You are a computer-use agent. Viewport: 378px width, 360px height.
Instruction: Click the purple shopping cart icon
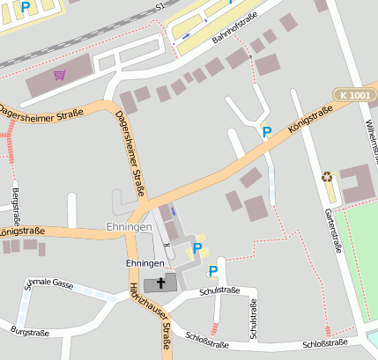(x=60, y=75)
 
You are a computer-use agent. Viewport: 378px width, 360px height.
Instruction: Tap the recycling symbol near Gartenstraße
(x=328, y=177)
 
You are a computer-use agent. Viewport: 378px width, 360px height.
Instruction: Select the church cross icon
(x=161, y=283)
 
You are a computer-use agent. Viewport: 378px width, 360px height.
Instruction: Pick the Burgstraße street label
(x=30, y=332)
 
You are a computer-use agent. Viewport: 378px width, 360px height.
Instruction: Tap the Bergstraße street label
(x=16, y=206)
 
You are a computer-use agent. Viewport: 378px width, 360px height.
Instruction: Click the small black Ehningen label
(x=145, y=264)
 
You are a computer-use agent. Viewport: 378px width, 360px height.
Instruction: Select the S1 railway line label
(x=159, y=6)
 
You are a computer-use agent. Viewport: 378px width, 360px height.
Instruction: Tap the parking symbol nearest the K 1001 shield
(x=266, y=132)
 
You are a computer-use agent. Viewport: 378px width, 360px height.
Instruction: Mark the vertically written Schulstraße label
(x=254, y=318)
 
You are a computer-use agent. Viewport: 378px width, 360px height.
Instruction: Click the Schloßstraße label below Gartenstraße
(x=324, y=343)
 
